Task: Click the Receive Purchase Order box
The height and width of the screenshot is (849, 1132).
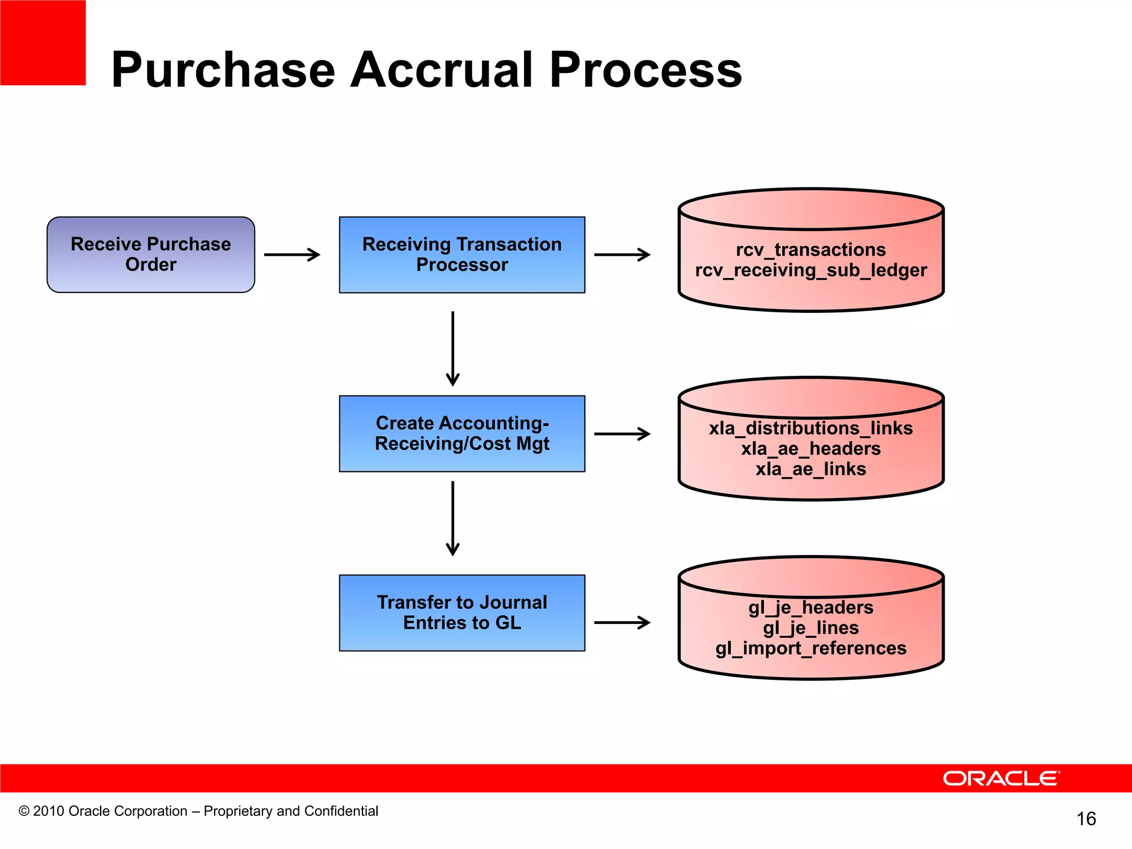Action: click(150, 254)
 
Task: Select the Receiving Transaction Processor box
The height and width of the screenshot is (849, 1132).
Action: click(462, 254)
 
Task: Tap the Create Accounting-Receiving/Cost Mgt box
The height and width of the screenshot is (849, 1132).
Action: click(462, 433)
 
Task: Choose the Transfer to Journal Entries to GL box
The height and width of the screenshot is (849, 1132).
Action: click(462, 612)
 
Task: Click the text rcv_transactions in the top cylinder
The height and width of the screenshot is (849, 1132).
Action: click(810, 250)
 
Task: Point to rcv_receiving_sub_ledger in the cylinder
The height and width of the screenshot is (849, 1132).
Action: click(810, 270)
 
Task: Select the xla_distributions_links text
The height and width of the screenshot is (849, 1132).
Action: click(810, 428)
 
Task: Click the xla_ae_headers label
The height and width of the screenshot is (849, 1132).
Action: click(810, 449)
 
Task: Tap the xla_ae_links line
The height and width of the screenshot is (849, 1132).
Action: click(810, 469)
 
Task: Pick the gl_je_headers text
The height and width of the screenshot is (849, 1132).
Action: click(810, 607)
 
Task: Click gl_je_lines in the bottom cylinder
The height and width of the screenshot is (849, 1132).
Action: click(810, 628)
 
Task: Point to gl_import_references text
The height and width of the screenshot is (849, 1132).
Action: click(810, 648)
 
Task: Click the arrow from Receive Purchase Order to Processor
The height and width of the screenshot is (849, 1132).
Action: click(292, 255)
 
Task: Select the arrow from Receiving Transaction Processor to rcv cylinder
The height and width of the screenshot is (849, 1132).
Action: click(622, 255)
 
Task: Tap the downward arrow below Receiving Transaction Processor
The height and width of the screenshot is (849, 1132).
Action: click(453, 348)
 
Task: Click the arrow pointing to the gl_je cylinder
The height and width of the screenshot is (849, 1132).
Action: click(622, 622)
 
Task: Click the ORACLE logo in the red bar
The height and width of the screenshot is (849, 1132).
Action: click(1001, 778)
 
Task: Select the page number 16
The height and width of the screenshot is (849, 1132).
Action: click(1086, 819)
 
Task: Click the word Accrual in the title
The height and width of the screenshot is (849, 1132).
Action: click(442, 70)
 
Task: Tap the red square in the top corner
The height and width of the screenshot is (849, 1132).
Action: click(43, 43)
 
